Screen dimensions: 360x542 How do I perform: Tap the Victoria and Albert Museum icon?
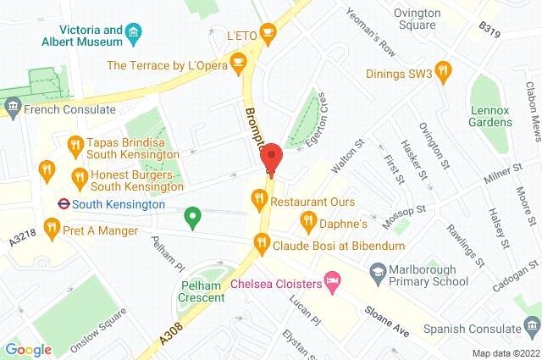pos(133,34)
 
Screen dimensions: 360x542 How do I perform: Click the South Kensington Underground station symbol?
pos(62,203)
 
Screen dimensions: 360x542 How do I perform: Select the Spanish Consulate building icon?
pos(530,325)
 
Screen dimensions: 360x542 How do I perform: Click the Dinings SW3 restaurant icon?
pos(440,69)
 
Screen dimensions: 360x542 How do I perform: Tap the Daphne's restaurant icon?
pos(307,222)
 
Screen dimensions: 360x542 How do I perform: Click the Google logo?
pos(28,349)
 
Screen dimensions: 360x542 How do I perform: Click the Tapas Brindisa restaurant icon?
pos(75,143)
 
